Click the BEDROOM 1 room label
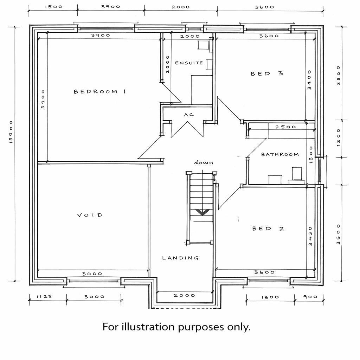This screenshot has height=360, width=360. pyautogui.click(x=99, y=92)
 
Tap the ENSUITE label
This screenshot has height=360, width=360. pyautogui.click(x=189, y=63)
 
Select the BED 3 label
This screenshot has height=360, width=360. pyautogui.click(x=267, y=74)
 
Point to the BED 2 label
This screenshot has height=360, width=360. pyautogui.click(x=268, y=229)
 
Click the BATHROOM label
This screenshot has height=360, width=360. pyautogui.click(x=280, y=154)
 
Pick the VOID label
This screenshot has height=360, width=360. pyautogui.click(x=90, y=215)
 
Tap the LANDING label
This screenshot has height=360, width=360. pyautogui.click(x=180, y=258)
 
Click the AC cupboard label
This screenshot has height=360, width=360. pyautogui.click(x=189, y=114)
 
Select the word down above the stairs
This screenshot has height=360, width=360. pyautogui.click(x=204, y=162)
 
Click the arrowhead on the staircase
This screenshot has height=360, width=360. pyautogui.click(x=202, y=212)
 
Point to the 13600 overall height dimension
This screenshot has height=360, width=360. pyautogui.click(x=11, y=132)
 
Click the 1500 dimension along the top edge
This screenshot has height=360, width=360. pyautogui.click(x=53, y=7)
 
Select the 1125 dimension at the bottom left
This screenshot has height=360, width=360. pyautogui.click(x=44, y=297)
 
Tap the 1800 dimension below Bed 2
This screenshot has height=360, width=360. pyautogui.click(x=270, y=297)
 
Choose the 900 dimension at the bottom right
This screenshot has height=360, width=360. pyautogui.click(x=310, y=297)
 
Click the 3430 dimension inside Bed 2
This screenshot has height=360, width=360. pyautogui.click(x=310, y=236)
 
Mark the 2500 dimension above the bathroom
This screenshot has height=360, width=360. pyautogui.click(x=285, y=127)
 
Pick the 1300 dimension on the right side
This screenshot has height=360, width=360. pyautogui.click(x=339, y=137)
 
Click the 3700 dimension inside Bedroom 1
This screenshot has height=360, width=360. pyautogui.click(x=43, y=99)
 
